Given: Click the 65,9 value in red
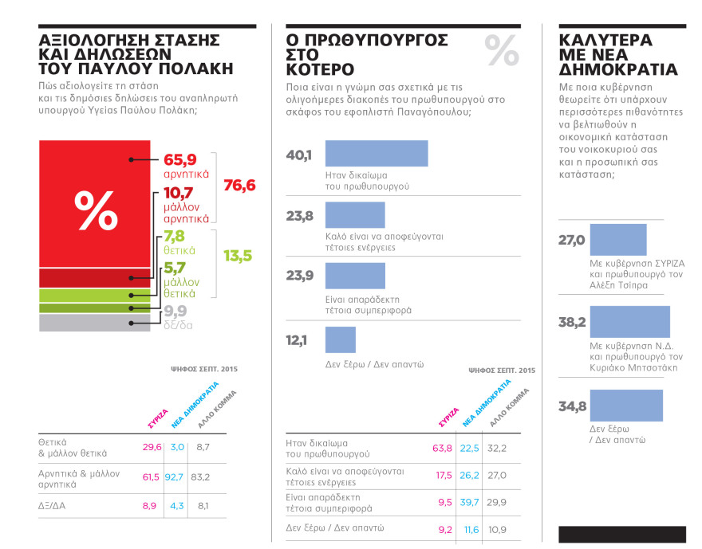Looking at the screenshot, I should [x=179, y=159].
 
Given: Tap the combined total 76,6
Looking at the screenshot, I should [x=239, y=185].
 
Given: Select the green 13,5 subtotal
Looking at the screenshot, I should [x=237, y=256].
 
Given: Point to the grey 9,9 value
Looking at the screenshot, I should [x=175, y=311].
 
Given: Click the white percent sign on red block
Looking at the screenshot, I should [x=96, y=210].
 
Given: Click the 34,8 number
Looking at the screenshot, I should [x=572, y=407].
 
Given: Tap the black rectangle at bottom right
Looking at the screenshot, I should [x=622, y=534].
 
